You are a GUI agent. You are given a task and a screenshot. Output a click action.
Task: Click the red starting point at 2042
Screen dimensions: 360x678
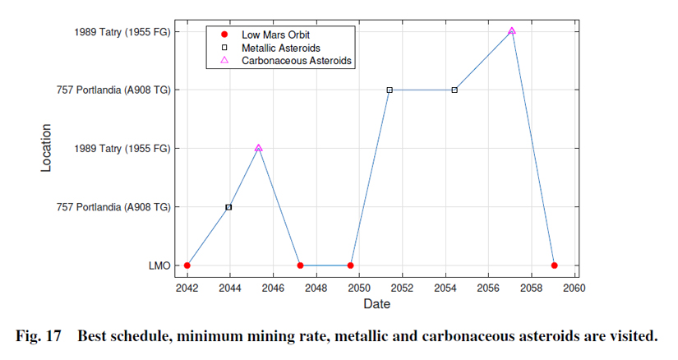click(187, 265)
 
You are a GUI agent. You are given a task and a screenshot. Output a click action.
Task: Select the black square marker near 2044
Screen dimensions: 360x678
click(228, 207)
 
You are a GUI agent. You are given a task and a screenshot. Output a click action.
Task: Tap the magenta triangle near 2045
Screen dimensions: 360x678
click(259, 148)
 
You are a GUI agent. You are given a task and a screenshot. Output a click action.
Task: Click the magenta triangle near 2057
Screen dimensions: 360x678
click(512, 31)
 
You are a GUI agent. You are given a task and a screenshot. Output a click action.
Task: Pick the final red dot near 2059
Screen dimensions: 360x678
click(555, 265)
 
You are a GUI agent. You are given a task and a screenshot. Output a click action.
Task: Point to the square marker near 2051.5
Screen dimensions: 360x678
click(390, 90)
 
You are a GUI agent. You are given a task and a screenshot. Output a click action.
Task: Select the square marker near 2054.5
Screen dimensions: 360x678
click(454, 90)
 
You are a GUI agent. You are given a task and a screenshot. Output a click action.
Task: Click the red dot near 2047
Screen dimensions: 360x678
click(300, 265)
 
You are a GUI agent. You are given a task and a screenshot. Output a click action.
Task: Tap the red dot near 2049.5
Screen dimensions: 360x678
click(351, 265)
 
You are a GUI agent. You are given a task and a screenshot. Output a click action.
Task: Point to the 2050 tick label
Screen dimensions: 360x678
click(359, 287)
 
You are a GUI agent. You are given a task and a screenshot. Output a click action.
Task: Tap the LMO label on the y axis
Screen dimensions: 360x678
click(160, 265)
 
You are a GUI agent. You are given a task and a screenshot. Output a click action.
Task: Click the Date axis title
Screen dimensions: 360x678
click(377, 304)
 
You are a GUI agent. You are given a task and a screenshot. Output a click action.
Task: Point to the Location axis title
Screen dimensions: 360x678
click(47, 148)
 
